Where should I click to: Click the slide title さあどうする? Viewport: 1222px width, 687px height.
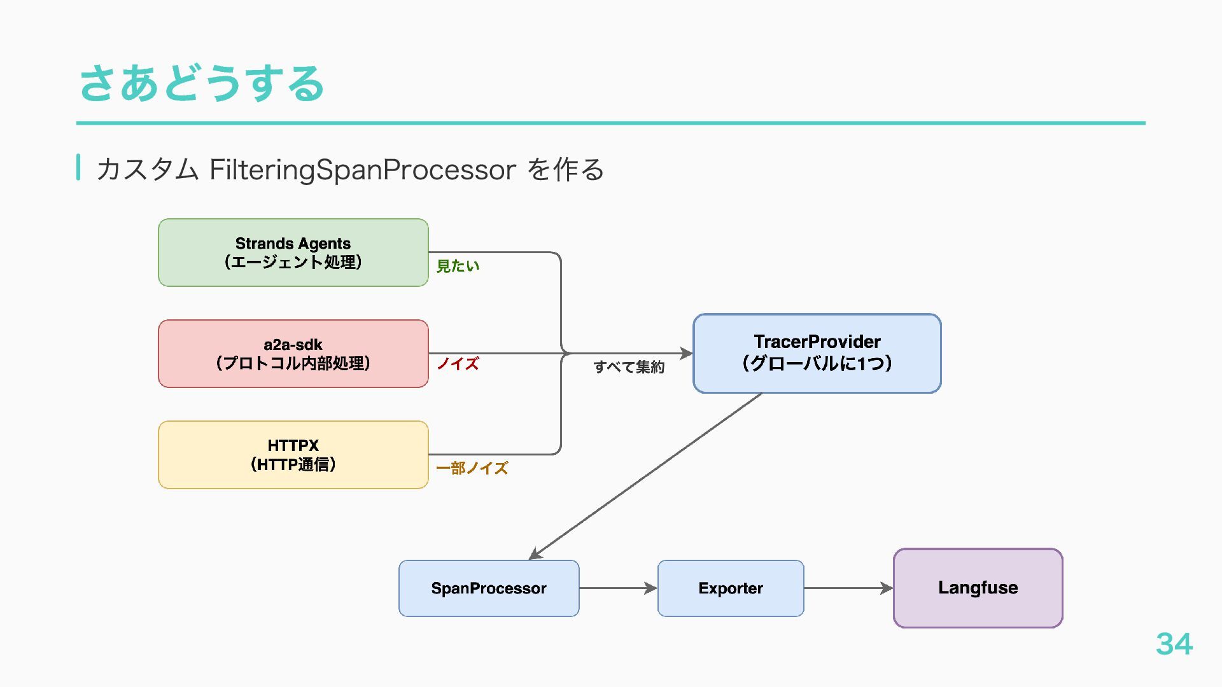[x=202, y=83]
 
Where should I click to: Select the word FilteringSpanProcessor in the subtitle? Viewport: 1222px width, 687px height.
[x=363, y=170]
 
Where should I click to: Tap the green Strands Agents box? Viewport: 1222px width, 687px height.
[x=293, y=253]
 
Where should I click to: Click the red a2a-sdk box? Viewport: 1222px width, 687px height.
[x=293, y=354]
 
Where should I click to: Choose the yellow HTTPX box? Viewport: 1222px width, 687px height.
[x=293, y=455]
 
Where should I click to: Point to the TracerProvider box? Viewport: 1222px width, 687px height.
[x=817, y=353]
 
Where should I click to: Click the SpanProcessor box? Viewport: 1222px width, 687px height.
[x=489, y=588]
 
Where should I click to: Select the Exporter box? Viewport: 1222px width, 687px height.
[x=731, y=588]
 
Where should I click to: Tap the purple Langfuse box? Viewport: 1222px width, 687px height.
[x=978, y=588]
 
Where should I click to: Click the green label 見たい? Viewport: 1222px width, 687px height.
[x=458, y=266]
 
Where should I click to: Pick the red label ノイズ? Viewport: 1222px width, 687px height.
[x=458, y=364]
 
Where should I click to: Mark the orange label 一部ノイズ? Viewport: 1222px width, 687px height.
[x=472, y=468]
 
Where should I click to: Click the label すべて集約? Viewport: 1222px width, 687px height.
[x=629, y=367]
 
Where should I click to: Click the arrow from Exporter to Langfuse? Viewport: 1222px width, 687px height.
[x=849, y=588]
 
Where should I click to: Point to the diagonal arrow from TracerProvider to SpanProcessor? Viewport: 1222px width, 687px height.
[x=645, y=476]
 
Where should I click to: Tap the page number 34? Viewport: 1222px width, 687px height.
[x=1174, y=644]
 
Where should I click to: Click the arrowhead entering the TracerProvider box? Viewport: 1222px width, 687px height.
[x=687, y=353]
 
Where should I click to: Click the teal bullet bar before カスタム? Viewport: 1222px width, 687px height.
[x=78, y=167]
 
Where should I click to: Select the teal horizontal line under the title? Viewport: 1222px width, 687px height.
[x=611, y=123]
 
